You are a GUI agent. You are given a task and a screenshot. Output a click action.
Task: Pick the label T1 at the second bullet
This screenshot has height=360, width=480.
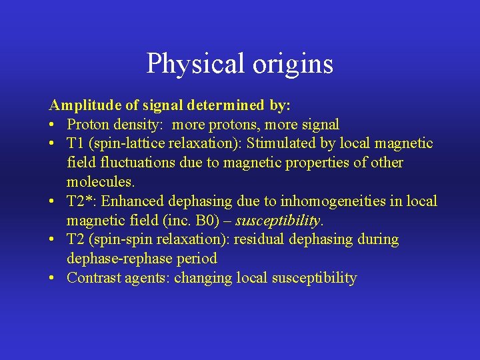click(x=75, y=143)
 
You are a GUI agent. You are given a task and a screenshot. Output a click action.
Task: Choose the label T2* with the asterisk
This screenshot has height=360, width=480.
click(x=81, y=201)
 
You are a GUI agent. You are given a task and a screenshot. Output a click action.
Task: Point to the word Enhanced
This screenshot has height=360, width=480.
click(x=131, y=201)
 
